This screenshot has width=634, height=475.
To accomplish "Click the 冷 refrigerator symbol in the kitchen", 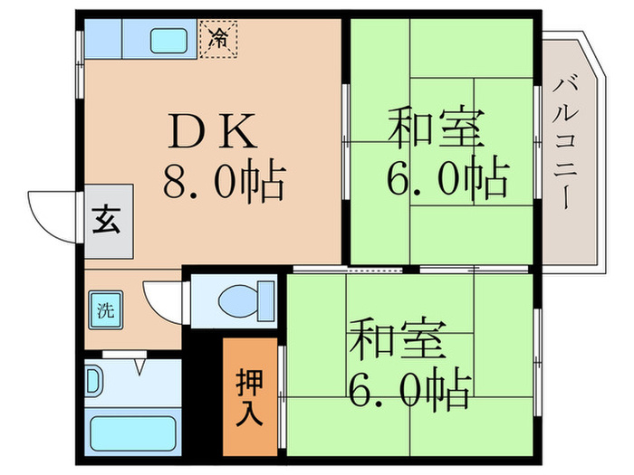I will (218, 39).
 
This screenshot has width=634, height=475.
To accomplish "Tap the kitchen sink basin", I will (167, 40).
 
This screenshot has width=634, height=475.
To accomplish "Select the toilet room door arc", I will (163, 301).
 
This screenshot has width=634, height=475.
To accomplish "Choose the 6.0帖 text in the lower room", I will (409, 391).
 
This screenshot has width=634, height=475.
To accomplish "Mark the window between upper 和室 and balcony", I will (539, 145).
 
